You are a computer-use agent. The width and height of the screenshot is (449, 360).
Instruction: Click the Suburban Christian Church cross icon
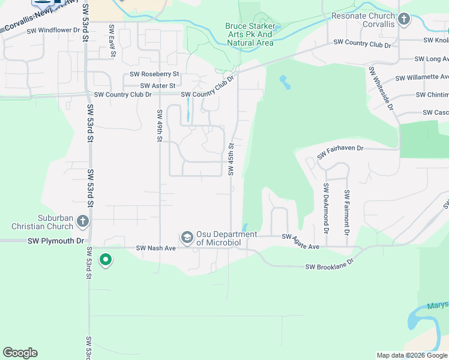83,223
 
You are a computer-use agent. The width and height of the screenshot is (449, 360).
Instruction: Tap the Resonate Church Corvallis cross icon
404,19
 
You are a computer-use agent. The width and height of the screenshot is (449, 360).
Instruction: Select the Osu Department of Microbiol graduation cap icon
187,238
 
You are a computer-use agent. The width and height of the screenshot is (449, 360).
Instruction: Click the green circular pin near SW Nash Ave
106,260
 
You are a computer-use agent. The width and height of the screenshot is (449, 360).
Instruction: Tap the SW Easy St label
112,41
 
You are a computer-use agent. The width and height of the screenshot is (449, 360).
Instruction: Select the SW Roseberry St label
155,74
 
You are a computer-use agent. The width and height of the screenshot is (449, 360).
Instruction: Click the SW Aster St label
155,86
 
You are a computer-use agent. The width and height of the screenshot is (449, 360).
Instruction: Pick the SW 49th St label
160,126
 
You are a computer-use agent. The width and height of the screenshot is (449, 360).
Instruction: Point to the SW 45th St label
231,159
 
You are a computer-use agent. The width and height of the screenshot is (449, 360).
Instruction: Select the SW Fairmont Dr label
346,212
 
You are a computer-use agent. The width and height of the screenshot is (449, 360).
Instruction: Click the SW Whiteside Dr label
381,89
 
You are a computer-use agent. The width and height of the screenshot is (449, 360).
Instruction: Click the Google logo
20,353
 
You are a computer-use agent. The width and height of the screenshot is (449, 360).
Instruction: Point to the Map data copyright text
411,355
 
